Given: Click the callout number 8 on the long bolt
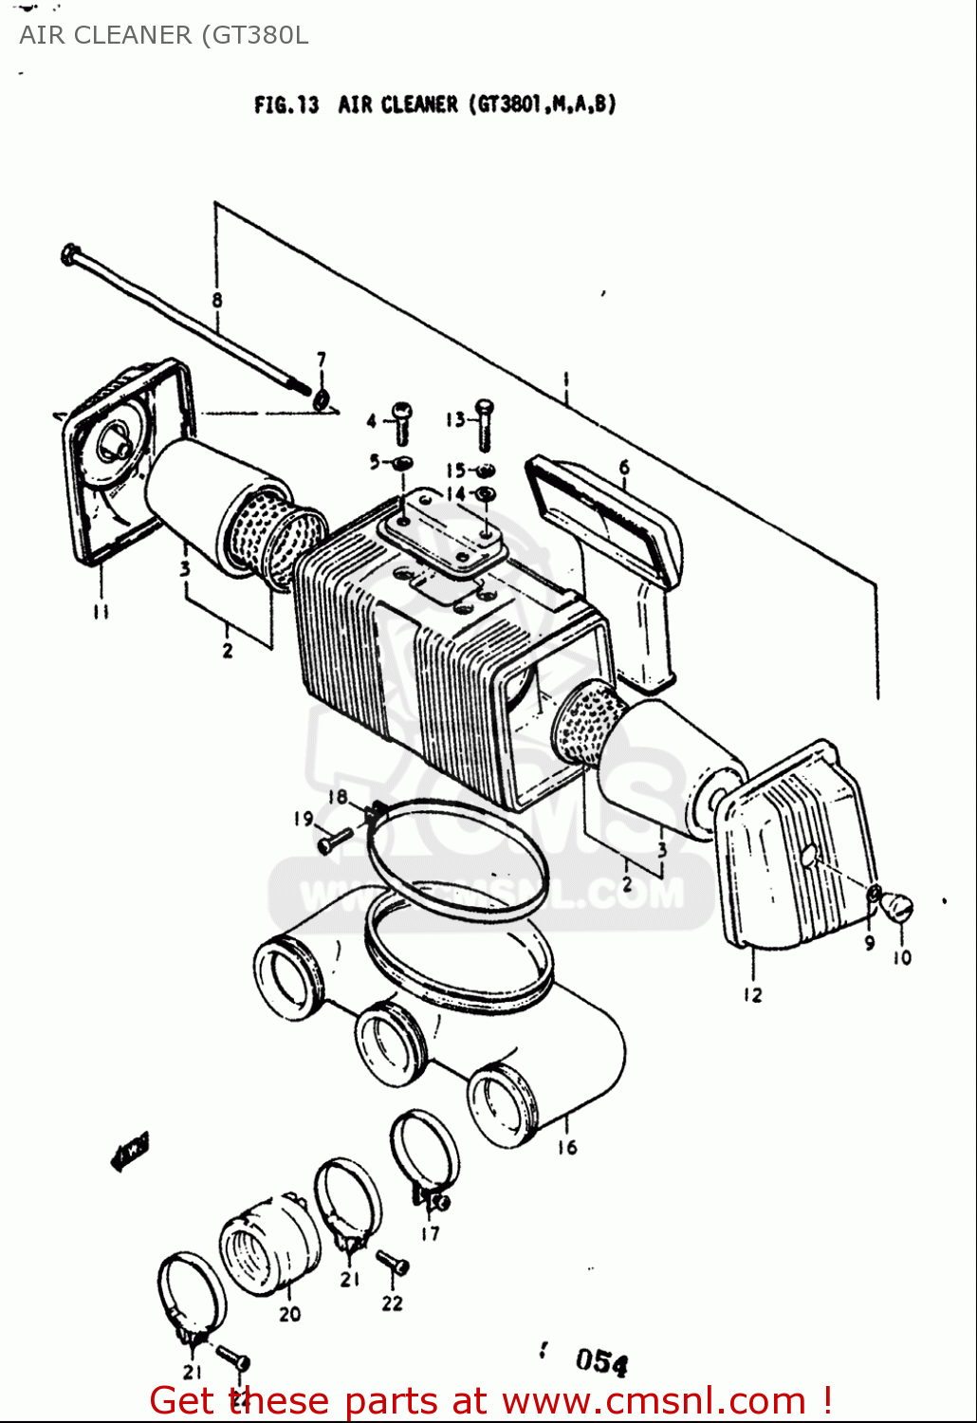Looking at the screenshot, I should tap(217, 301).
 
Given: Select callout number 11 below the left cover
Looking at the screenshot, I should tap(101, 612).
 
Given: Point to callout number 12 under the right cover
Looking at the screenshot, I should tap(752, 995).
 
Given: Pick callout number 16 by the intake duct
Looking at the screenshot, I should tap(567, 1148).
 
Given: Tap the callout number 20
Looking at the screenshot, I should tap(289, 1314).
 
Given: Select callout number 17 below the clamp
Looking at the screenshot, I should tap(431, 1233).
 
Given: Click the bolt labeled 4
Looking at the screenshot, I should tap(402, 424).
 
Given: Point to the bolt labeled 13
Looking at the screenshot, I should tap(484, 423).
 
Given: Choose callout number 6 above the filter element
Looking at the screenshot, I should tap(624, 467).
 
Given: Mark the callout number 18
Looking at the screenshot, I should tap(338, 797).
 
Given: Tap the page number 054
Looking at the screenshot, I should tap(601, 1362).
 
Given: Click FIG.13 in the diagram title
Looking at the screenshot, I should tap(286, 104).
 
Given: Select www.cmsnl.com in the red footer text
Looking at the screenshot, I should tap(654, 1401).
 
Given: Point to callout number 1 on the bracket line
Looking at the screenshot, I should tap(566, 380).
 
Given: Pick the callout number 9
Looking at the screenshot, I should tap(869, 944).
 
